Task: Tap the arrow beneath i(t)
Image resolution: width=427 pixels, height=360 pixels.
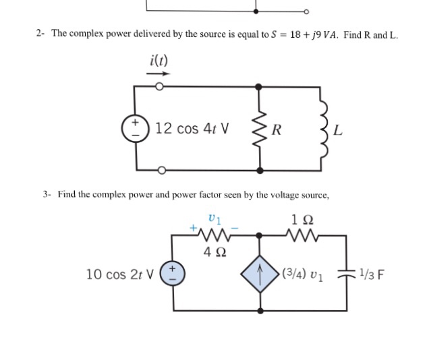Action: click(x=158, y=74)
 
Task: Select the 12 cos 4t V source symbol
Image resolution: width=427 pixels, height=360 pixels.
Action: click(x=135, y=127)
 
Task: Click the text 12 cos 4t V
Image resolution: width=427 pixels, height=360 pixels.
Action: click(x=192, y=128)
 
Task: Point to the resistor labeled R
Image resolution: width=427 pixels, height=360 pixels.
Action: click(x=259, y=128)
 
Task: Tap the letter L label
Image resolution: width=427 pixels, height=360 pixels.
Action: click(x=339, y=129)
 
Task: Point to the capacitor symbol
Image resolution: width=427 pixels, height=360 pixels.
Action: click(x=346, y=275)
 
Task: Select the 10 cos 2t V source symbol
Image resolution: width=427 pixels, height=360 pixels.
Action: click(x=173, y=274)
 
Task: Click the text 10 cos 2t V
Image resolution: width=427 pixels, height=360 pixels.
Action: click(x=120, y=274)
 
